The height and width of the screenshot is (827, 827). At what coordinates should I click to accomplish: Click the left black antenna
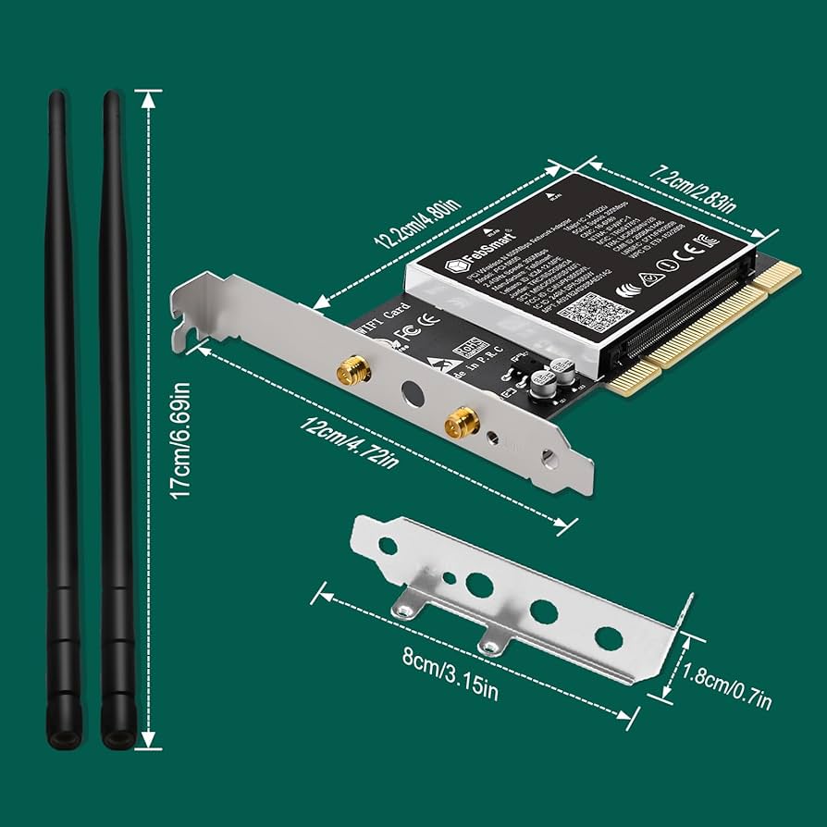click(62, 416)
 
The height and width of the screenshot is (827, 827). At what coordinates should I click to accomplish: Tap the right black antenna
click(115, 416)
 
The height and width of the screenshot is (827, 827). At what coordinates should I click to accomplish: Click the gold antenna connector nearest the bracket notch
click(353, 371)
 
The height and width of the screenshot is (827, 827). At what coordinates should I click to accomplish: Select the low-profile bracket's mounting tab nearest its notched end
click(405, 606)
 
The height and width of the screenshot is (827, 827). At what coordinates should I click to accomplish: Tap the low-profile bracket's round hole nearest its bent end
click(608, 637)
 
